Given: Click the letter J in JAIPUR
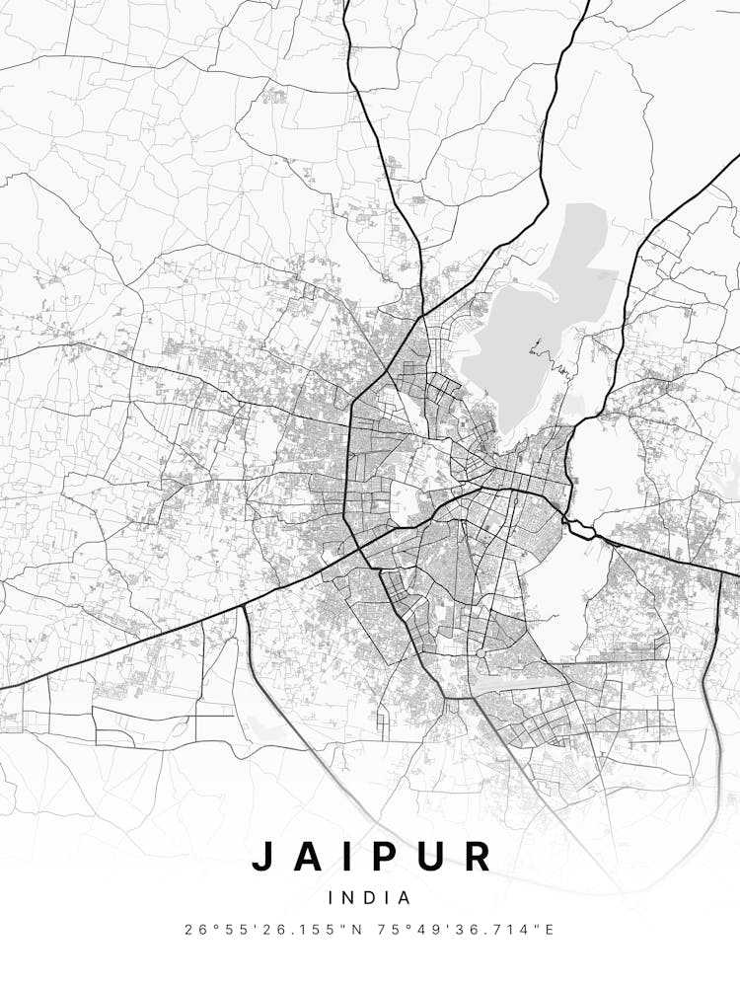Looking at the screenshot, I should [262, 856].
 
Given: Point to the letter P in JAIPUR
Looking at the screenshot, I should [386, 856].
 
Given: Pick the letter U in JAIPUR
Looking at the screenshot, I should [431, 856].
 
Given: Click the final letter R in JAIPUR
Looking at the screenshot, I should [478, 856].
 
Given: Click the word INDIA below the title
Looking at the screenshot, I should [369, 898].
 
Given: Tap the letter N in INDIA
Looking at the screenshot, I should [347, 898].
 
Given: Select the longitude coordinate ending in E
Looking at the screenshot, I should [470, 930].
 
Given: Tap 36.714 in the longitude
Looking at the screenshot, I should [504, 930].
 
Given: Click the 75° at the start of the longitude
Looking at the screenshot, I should [396, 930].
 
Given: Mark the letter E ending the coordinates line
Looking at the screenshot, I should [550, 930].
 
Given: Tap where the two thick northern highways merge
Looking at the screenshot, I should [421, 315].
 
